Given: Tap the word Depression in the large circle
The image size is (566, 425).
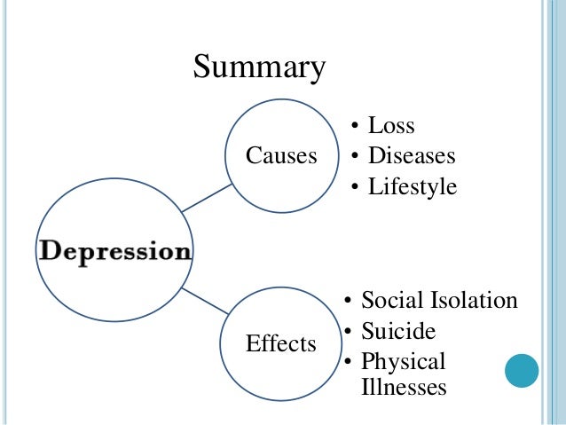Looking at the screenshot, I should [x=114, y=251].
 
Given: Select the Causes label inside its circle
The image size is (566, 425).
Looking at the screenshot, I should [x=281, y=157].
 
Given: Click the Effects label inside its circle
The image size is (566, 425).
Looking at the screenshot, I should [x=281, y=343].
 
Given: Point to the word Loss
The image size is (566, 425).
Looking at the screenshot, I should [x=391, y=127].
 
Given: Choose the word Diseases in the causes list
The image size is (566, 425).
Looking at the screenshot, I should [x=412, y=157].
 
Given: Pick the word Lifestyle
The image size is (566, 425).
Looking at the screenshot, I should [x=413, y=187].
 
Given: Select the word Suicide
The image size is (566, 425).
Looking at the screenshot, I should [x=398, y=332].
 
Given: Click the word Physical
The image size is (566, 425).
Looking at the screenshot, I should [x=404, y=362].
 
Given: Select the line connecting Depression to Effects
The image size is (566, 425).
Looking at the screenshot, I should [x=206, y=301].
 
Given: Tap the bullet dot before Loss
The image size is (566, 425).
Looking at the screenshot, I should [x=355, y=128].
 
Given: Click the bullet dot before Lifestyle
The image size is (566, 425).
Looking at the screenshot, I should [x=355, y=188].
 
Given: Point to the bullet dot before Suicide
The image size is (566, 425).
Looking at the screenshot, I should [x=349, y=333].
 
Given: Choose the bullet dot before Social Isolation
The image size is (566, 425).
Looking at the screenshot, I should [x=349, y=301].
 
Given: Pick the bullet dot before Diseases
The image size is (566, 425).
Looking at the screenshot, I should [x=355, y=158].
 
